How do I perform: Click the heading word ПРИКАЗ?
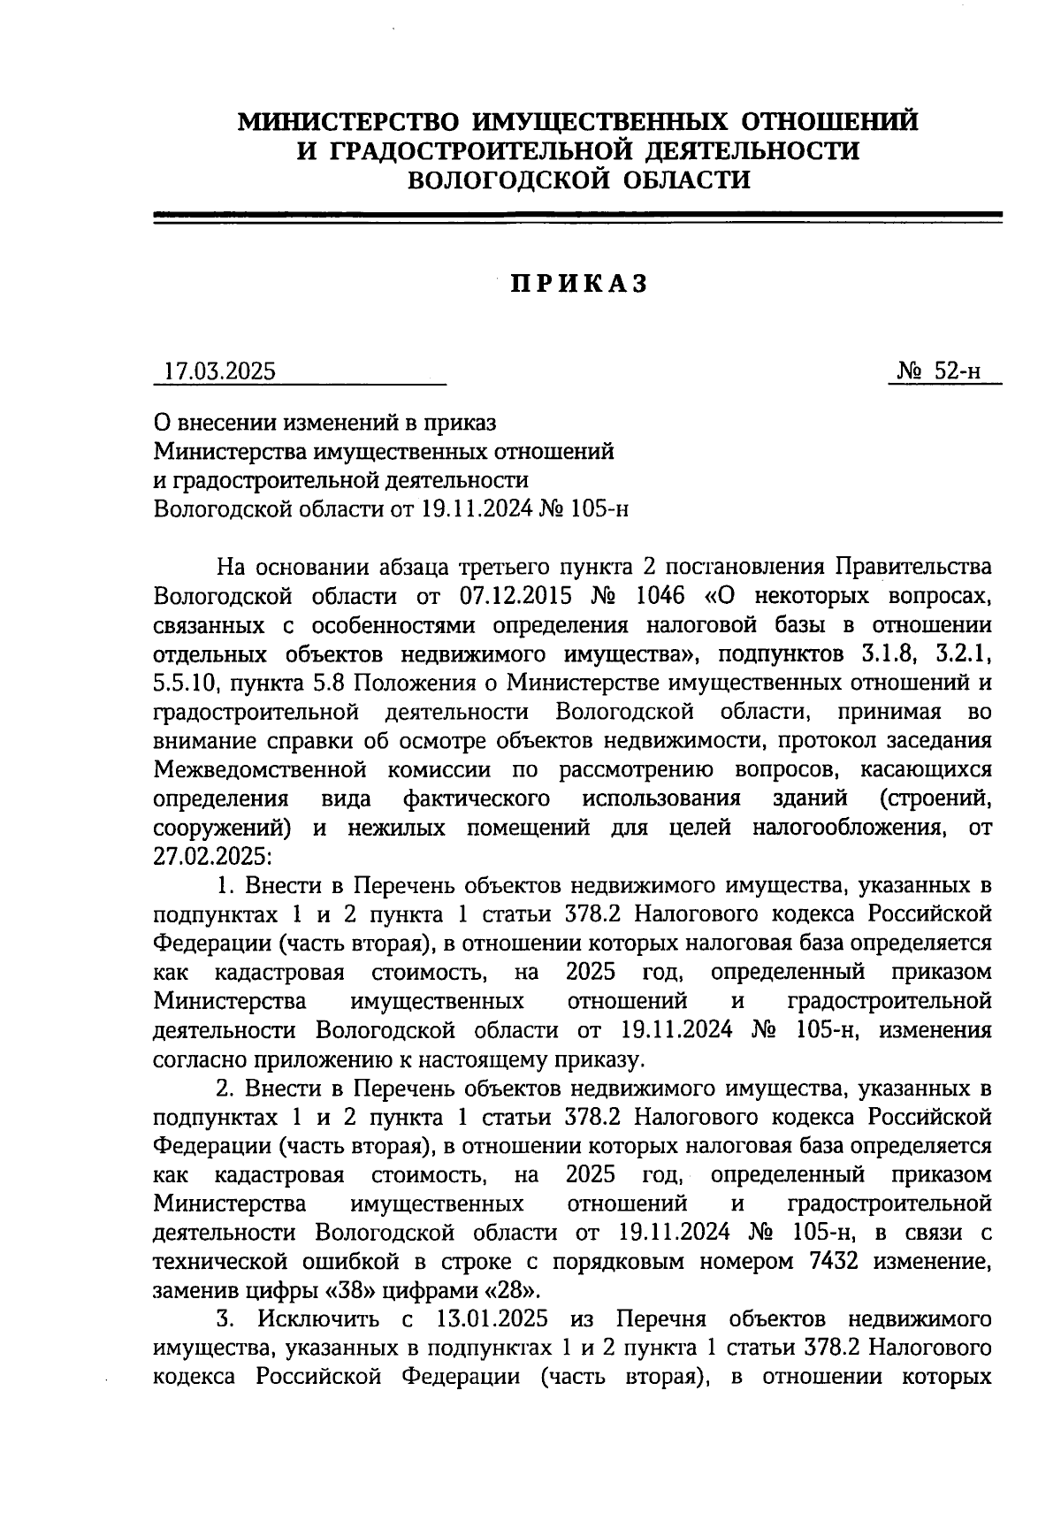pyautogui.click(x=579, y=284)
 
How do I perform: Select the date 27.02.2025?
pyautogui.click(x=207, y=856)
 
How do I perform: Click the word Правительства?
pyautogui.click(x=914, y=566)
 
